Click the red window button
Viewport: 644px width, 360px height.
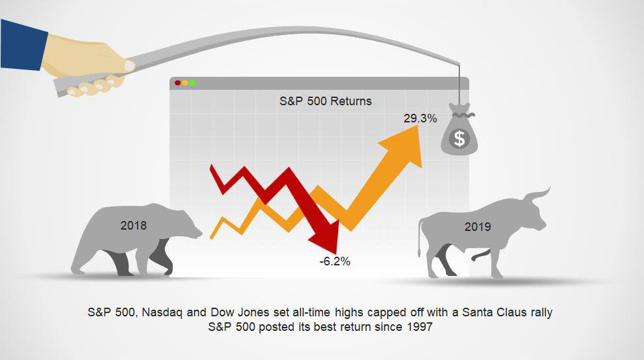[x=177, y=83]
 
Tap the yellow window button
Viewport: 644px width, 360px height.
[x=185, y=83]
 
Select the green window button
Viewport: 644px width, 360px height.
[x=192, y=83]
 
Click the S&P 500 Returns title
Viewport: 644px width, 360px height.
[x=325, y=101]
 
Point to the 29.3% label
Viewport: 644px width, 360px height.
[x=420, y=118]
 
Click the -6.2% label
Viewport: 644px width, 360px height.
[x=335, y=261]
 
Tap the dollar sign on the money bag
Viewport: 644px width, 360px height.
[x=459, y=138]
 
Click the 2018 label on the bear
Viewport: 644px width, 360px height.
[x=134, y=226]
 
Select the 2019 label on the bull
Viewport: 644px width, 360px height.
[x=478, y=226]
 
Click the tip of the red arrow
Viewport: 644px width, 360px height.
[x=336, y=253]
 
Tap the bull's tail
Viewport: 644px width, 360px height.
[x=420, y=238]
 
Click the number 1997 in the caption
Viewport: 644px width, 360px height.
[x=420, y=327]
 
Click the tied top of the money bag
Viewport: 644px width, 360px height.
[x=459, y=110]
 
